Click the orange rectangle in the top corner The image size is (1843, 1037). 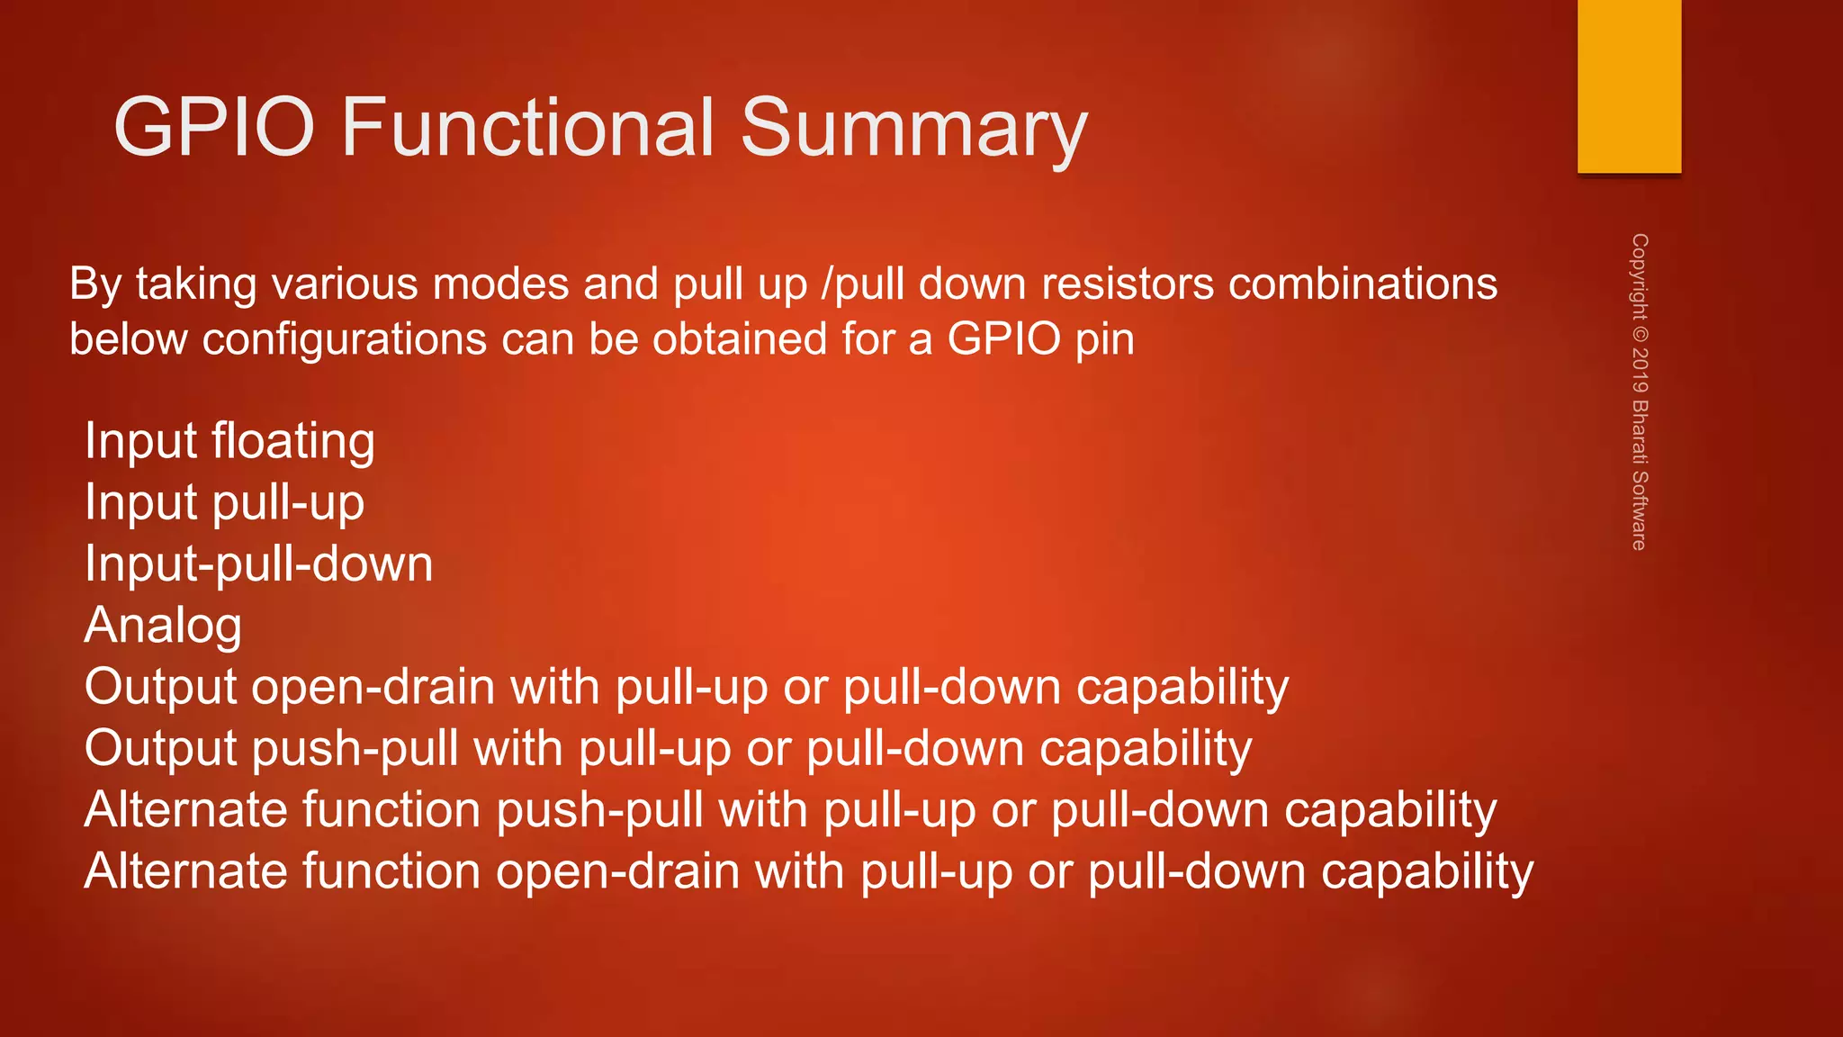tap(1629, 86)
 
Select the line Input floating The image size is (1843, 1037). tap(229, 441)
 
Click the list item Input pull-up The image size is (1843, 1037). tap(224, 502)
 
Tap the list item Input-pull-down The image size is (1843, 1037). tap(258, 564)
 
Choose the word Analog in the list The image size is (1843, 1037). tap(163, 626)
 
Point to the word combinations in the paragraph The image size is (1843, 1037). tap(1362, 284)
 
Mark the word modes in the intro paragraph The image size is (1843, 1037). tap(500, 284)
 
